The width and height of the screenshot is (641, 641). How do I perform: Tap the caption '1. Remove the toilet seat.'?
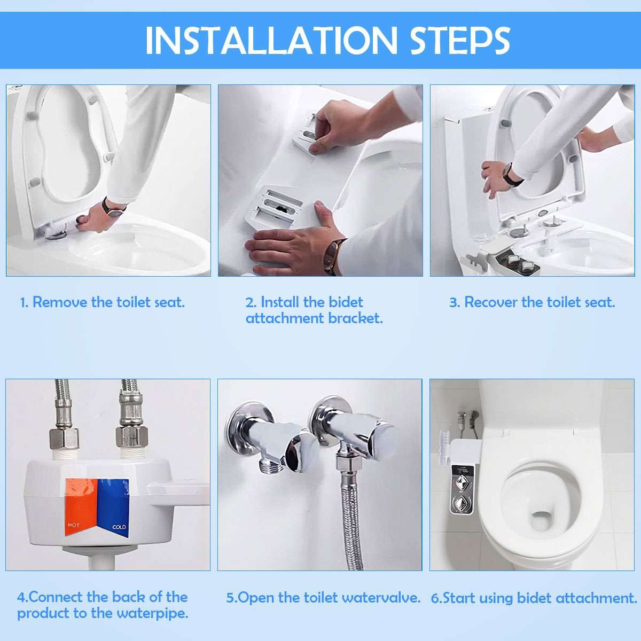pyautogui.click(x=103, y=302)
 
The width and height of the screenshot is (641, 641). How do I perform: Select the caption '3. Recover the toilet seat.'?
pyautogui.click(x=532, y=302)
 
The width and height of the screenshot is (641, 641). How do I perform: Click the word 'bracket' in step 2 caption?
pyautogui.click(x=356, y=318)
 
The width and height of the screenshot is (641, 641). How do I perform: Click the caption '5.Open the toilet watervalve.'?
pyautogui.click(x=323, y=598)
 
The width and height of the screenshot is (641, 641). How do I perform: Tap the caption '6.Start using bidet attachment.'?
pyautogui.click(x=534, y=598)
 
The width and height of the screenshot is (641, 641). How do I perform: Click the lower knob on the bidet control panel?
pyautogui.click(x=460, y=503)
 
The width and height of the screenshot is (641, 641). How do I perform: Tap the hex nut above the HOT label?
pyautogui.click(x=64, y=439)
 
